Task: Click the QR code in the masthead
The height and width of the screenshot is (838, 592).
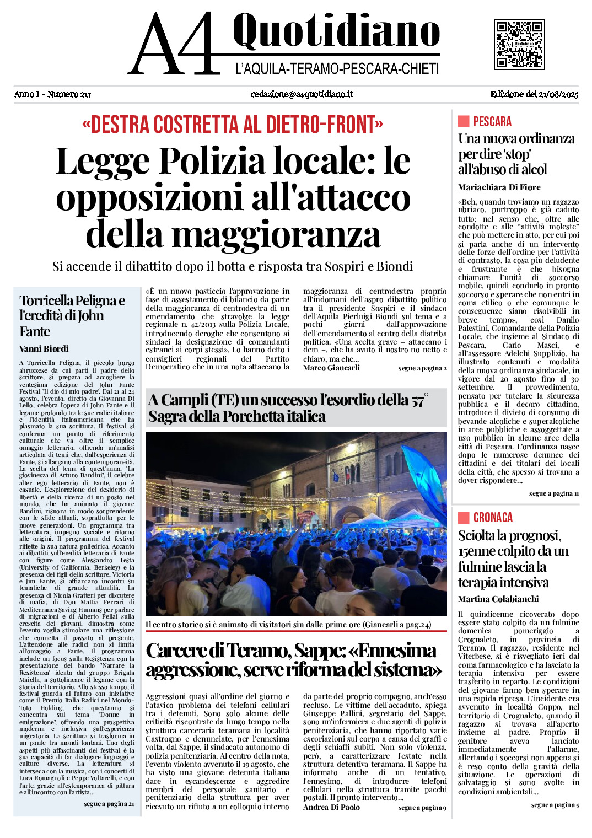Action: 519,45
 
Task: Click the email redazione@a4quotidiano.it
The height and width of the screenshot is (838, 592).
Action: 302,94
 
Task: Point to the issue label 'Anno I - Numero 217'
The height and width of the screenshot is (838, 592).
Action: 52,94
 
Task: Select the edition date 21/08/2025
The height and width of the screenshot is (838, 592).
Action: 534,94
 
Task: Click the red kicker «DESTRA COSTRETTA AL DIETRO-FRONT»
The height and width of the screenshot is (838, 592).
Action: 232,125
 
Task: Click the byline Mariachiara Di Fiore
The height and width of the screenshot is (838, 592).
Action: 499,187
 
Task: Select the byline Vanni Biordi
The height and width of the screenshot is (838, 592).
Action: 44,348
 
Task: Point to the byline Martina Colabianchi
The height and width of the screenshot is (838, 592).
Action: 498,599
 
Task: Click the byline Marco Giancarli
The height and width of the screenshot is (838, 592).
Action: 331,368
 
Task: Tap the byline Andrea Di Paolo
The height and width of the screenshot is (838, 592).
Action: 331,807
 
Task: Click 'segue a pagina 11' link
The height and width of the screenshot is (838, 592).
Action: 553,493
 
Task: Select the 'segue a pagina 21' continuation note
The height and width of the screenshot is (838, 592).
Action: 109,804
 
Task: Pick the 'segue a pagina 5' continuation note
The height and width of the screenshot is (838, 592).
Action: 555,805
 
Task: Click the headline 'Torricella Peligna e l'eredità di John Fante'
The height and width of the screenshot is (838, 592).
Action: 72,316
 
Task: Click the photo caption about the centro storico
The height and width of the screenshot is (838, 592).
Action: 288,625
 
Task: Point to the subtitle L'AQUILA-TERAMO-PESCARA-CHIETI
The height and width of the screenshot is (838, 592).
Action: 337,69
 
